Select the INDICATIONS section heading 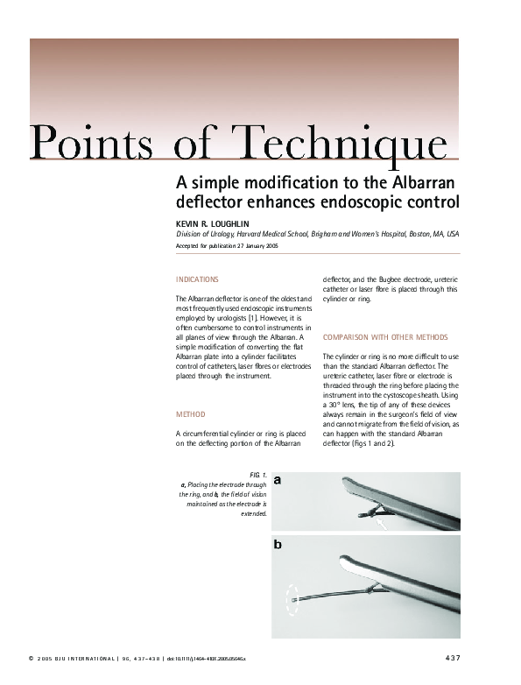tap(198, 279)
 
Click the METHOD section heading tap(191, 413)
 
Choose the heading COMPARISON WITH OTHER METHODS tap(385, 337)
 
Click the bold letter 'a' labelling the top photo tap(278, 481)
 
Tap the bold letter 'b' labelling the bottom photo tap(278, 545)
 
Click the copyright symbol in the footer tap(31, 658)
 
